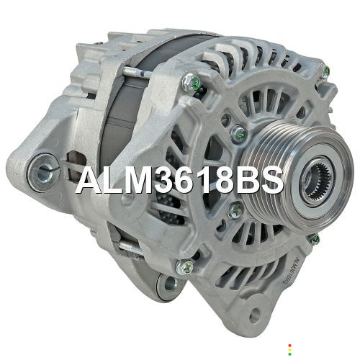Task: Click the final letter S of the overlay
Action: pyautogui.click(x=272, y=180)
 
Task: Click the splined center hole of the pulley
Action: pyautogui.click(x=318, y=181)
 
